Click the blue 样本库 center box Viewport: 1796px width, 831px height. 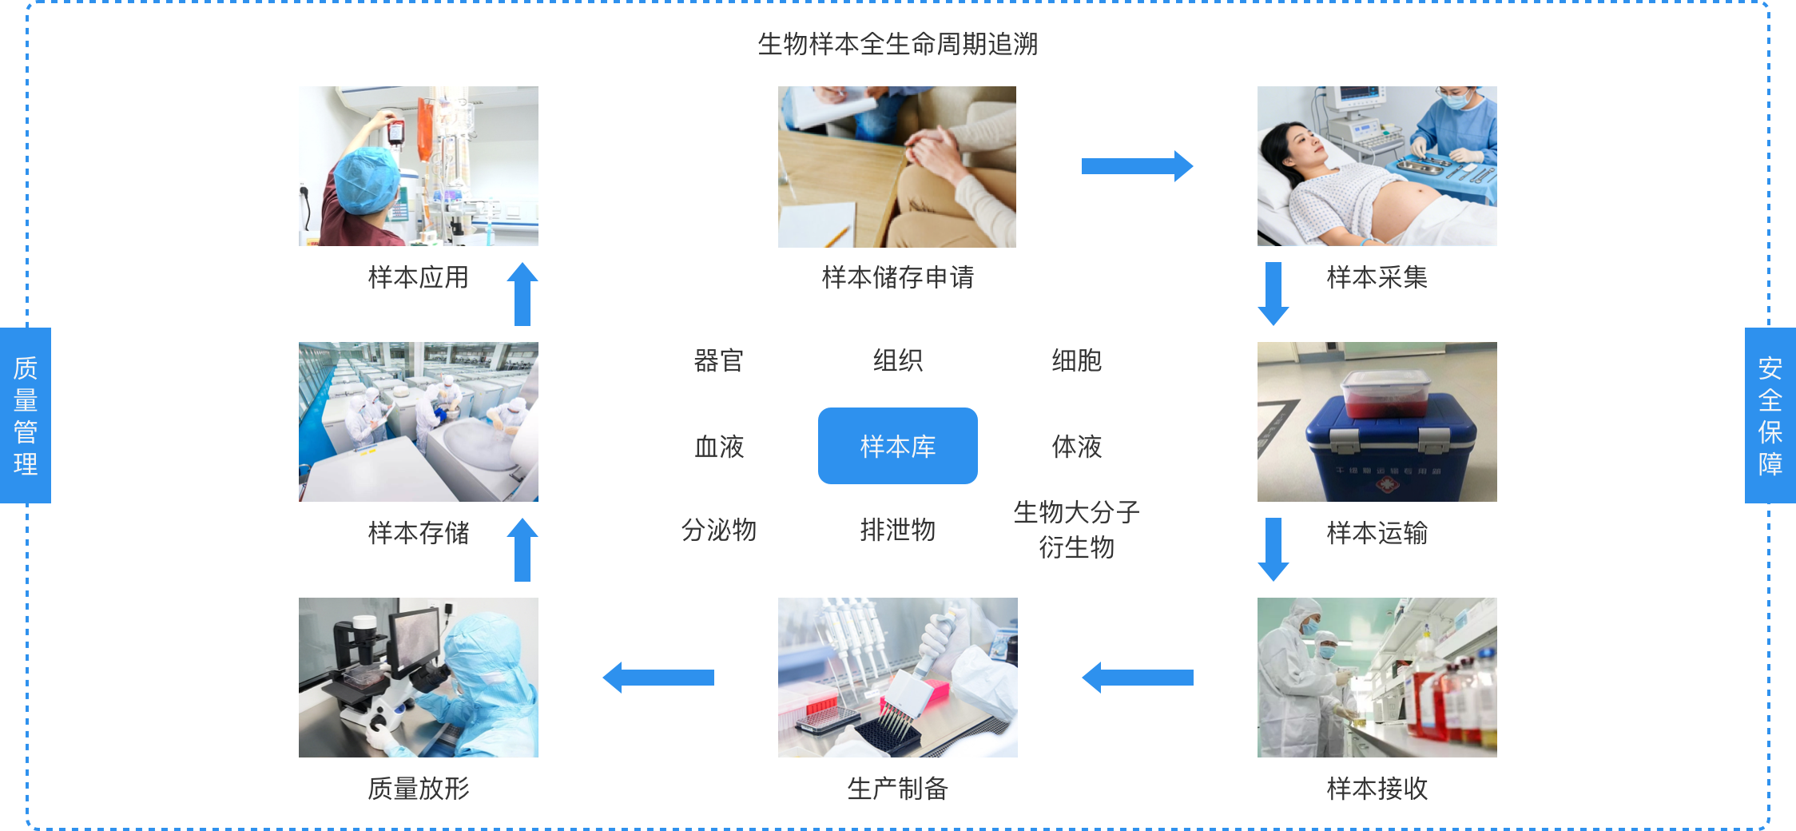897,446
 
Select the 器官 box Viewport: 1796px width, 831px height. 718,362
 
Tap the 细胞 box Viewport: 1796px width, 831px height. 1076,362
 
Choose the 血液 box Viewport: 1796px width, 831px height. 718,446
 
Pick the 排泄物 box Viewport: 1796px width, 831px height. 897,529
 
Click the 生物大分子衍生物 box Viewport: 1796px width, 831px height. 1076,529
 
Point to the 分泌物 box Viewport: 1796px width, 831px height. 718,529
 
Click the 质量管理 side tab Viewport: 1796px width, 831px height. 26,415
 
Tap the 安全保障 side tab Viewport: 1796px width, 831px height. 1770,415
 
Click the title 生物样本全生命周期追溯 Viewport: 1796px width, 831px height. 897,44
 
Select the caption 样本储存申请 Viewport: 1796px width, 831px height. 897,277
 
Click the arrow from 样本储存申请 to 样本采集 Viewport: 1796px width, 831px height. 1136,166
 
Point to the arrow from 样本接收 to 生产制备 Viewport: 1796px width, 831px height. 1136,678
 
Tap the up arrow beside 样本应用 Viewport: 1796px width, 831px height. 523,294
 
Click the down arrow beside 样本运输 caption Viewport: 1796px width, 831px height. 1273,549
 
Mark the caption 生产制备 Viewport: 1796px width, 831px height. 897,789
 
